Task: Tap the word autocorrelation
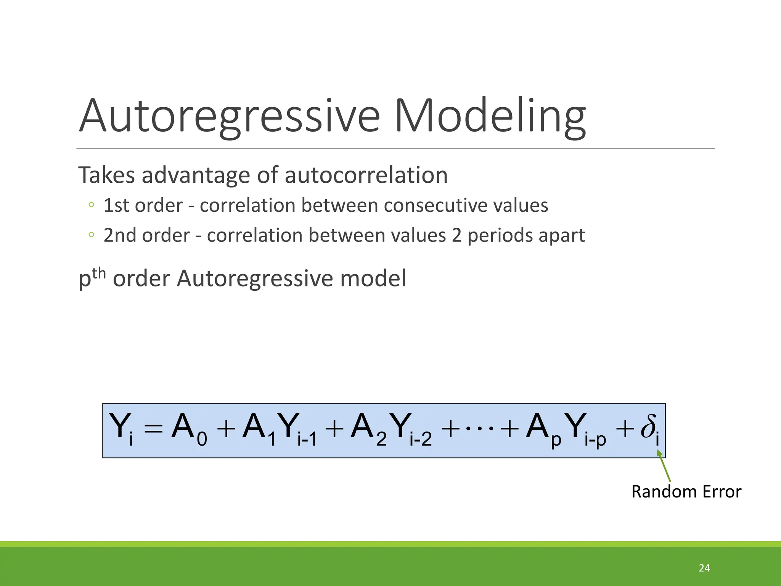[366, 175]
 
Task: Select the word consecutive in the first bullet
[435, 205]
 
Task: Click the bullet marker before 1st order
[91, 205]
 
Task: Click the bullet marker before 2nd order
[91, 235]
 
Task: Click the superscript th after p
[99, 273]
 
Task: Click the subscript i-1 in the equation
[307, 440]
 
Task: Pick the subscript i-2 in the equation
[421, 440]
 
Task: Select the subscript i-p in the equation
[595, 440]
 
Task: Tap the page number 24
[704, 568]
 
